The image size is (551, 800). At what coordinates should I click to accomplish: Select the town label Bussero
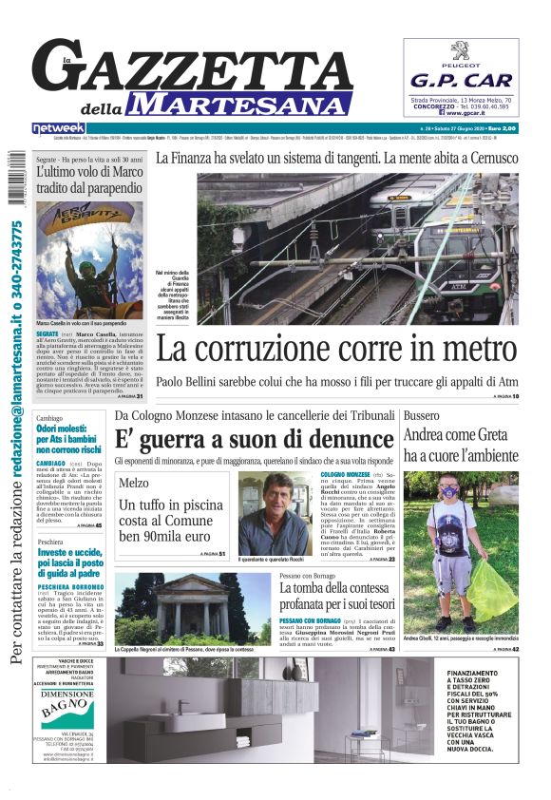point(421,416)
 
